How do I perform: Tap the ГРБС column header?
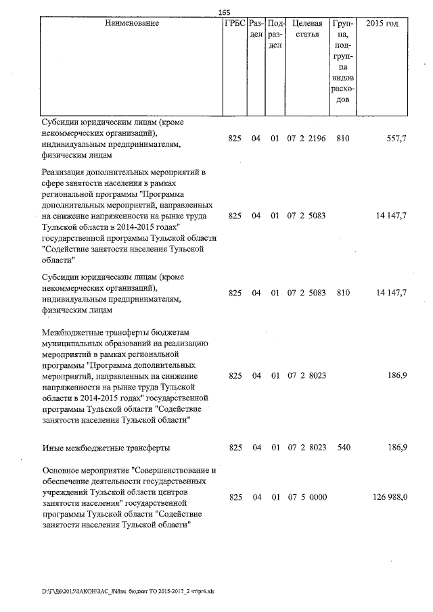[234, 24]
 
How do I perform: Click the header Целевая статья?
[306, 29]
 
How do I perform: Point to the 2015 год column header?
[382, 24]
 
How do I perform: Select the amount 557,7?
[395, 139]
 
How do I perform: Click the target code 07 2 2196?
[307, 139]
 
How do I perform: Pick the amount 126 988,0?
[390, 497]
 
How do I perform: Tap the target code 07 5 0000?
[307, 497]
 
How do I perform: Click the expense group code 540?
[343, 448]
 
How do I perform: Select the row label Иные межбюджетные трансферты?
[106, 448]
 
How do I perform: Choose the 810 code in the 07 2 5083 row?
[343, 293]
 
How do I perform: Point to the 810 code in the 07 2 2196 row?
[343, 139]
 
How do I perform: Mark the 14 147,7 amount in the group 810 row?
[390, 293]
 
